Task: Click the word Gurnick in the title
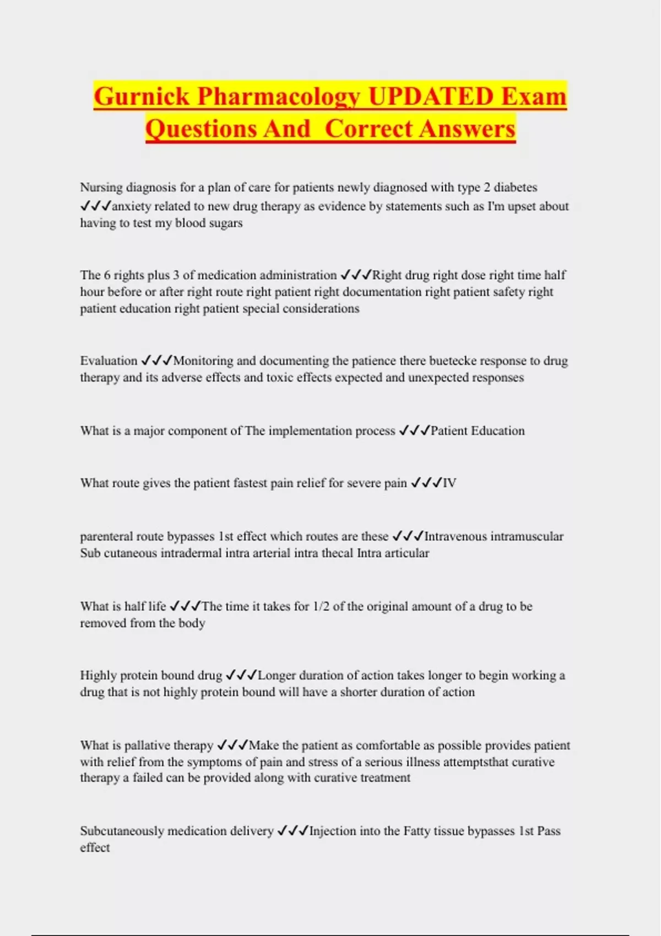pyautogui.click(x=142, y=96)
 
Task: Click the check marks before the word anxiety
pyautogui.click(x=95, y=206)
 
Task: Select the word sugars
pyautogui.click(x=225, y=223)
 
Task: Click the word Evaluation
pyautogui.click(x=109, y=361)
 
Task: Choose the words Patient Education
pyautogui.click(x=478, y=431)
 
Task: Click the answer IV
pyautogui.click(x=449, y=483)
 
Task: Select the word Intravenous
pyautogui.click(x=455, y=536)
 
